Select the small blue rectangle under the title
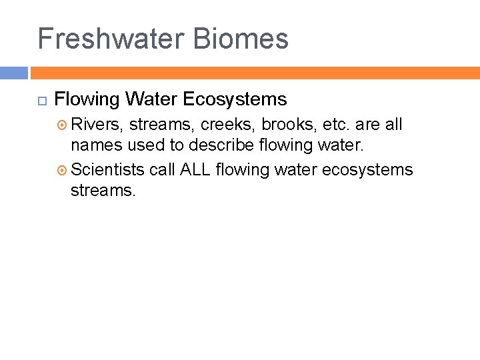tap(14, 73)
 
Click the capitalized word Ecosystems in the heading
tap(234, 100)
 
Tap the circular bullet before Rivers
tap(63, 125)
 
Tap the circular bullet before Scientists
tap(63, 170)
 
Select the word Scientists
tap(107, 170)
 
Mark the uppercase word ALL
tap(195, 170)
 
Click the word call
tap(162, 170)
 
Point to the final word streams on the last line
tap(103, 191)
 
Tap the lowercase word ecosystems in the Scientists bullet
tap(367, 170)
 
